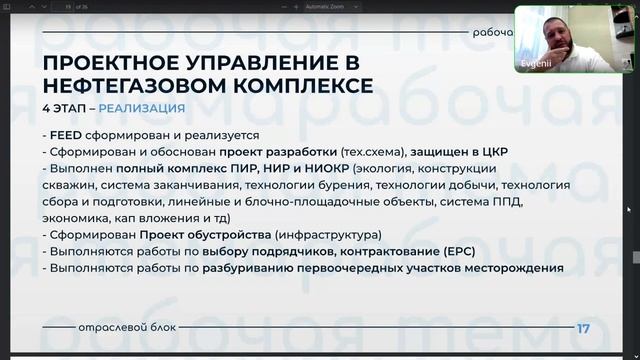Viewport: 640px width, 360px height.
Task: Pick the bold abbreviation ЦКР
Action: tap(493, 152)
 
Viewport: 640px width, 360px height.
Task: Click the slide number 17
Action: tap(583, 329)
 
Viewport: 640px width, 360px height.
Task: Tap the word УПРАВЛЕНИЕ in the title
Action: tap(242, 64)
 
